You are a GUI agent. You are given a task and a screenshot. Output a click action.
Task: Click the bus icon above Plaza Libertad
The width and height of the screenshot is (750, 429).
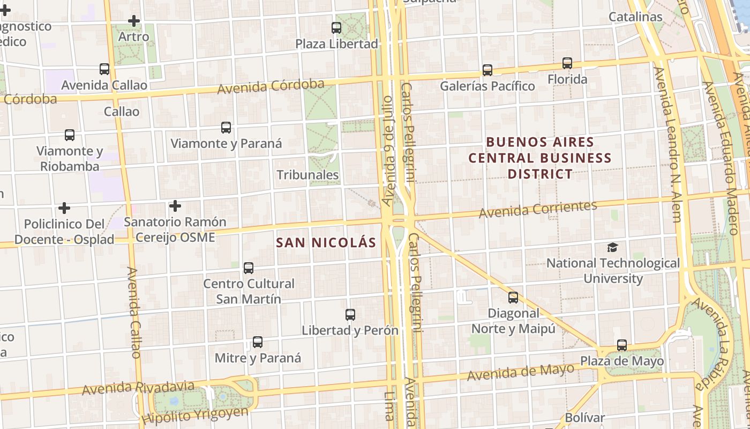coord(336,27)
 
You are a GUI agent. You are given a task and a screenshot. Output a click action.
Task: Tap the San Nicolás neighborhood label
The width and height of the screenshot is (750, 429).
coord(326,242)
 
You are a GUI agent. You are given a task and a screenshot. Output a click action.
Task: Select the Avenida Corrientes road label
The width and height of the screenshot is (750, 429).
coord(537,209)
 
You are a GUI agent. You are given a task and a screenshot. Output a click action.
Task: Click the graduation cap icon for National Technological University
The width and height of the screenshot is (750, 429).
coord(612,247)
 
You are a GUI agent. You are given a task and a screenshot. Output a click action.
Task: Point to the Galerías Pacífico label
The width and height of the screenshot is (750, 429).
coord(487,86)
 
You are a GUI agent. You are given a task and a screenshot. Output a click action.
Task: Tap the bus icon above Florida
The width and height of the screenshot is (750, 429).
coord(567,63)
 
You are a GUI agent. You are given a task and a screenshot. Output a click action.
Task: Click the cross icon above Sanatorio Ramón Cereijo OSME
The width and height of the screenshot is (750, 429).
coord(175,206)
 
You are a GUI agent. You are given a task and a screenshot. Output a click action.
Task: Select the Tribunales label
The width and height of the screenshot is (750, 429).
coord(307,175)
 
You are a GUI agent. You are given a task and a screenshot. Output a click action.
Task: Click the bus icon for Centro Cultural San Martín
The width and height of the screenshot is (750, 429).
coord(248,268)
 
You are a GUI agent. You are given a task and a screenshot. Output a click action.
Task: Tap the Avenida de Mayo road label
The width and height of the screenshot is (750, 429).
coord(520,372)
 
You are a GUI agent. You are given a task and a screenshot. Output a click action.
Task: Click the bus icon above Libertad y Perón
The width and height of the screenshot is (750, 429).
coord(350,315)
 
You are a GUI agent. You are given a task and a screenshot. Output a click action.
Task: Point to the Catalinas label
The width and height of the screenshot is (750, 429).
coord(635,17)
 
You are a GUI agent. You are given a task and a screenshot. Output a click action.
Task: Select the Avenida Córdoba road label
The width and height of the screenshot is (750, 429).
coord(271,86)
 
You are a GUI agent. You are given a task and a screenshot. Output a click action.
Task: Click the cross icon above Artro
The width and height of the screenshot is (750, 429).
coord(133,21)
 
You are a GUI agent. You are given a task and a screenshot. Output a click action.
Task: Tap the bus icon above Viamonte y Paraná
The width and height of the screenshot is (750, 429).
coord(226,128)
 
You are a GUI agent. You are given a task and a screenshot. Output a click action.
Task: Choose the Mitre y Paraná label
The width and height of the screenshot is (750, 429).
coord(258,358)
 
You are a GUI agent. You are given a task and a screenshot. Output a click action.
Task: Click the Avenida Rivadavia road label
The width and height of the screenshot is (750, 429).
coord(138,387)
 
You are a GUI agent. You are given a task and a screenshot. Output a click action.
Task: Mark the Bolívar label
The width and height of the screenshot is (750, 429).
coord(584,418)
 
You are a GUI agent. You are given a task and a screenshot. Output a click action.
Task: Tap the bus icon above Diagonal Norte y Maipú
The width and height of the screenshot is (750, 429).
coord(513,297)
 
